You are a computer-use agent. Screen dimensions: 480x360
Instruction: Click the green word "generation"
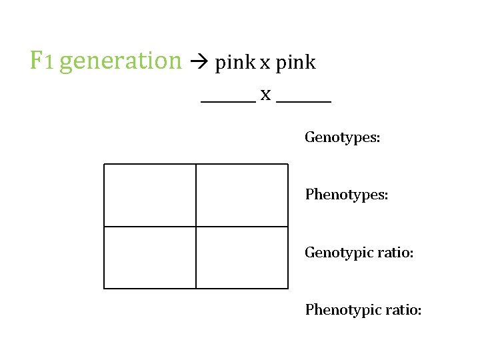[121, 61]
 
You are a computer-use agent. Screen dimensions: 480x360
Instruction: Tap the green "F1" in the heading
[41, 60]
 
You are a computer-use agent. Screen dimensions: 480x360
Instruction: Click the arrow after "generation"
[199, 61]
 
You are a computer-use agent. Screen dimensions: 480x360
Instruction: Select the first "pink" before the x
[235, 63]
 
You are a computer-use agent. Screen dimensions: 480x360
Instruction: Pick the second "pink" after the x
[296, 63]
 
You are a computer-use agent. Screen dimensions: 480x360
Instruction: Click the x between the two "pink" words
[265, 64]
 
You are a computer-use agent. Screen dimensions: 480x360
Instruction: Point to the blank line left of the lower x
[229, 101]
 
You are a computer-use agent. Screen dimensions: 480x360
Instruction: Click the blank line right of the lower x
[304, 101]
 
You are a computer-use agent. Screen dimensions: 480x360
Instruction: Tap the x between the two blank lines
[266, 95]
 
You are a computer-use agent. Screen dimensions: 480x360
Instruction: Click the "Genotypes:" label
[342, 137]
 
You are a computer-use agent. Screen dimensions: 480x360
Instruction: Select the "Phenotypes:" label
[347, 195]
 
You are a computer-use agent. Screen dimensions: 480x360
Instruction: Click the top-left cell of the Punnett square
[150, 195]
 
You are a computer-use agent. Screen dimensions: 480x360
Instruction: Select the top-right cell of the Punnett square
[242, 195]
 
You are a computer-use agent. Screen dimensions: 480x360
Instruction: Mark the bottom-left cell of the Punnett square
[150, 257]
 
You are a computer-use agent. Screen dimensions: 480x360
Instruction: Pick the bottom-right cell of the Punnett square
[242, 257]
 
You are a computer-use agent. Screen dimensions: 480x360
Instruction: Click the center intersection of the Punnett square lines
[196, 227]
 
